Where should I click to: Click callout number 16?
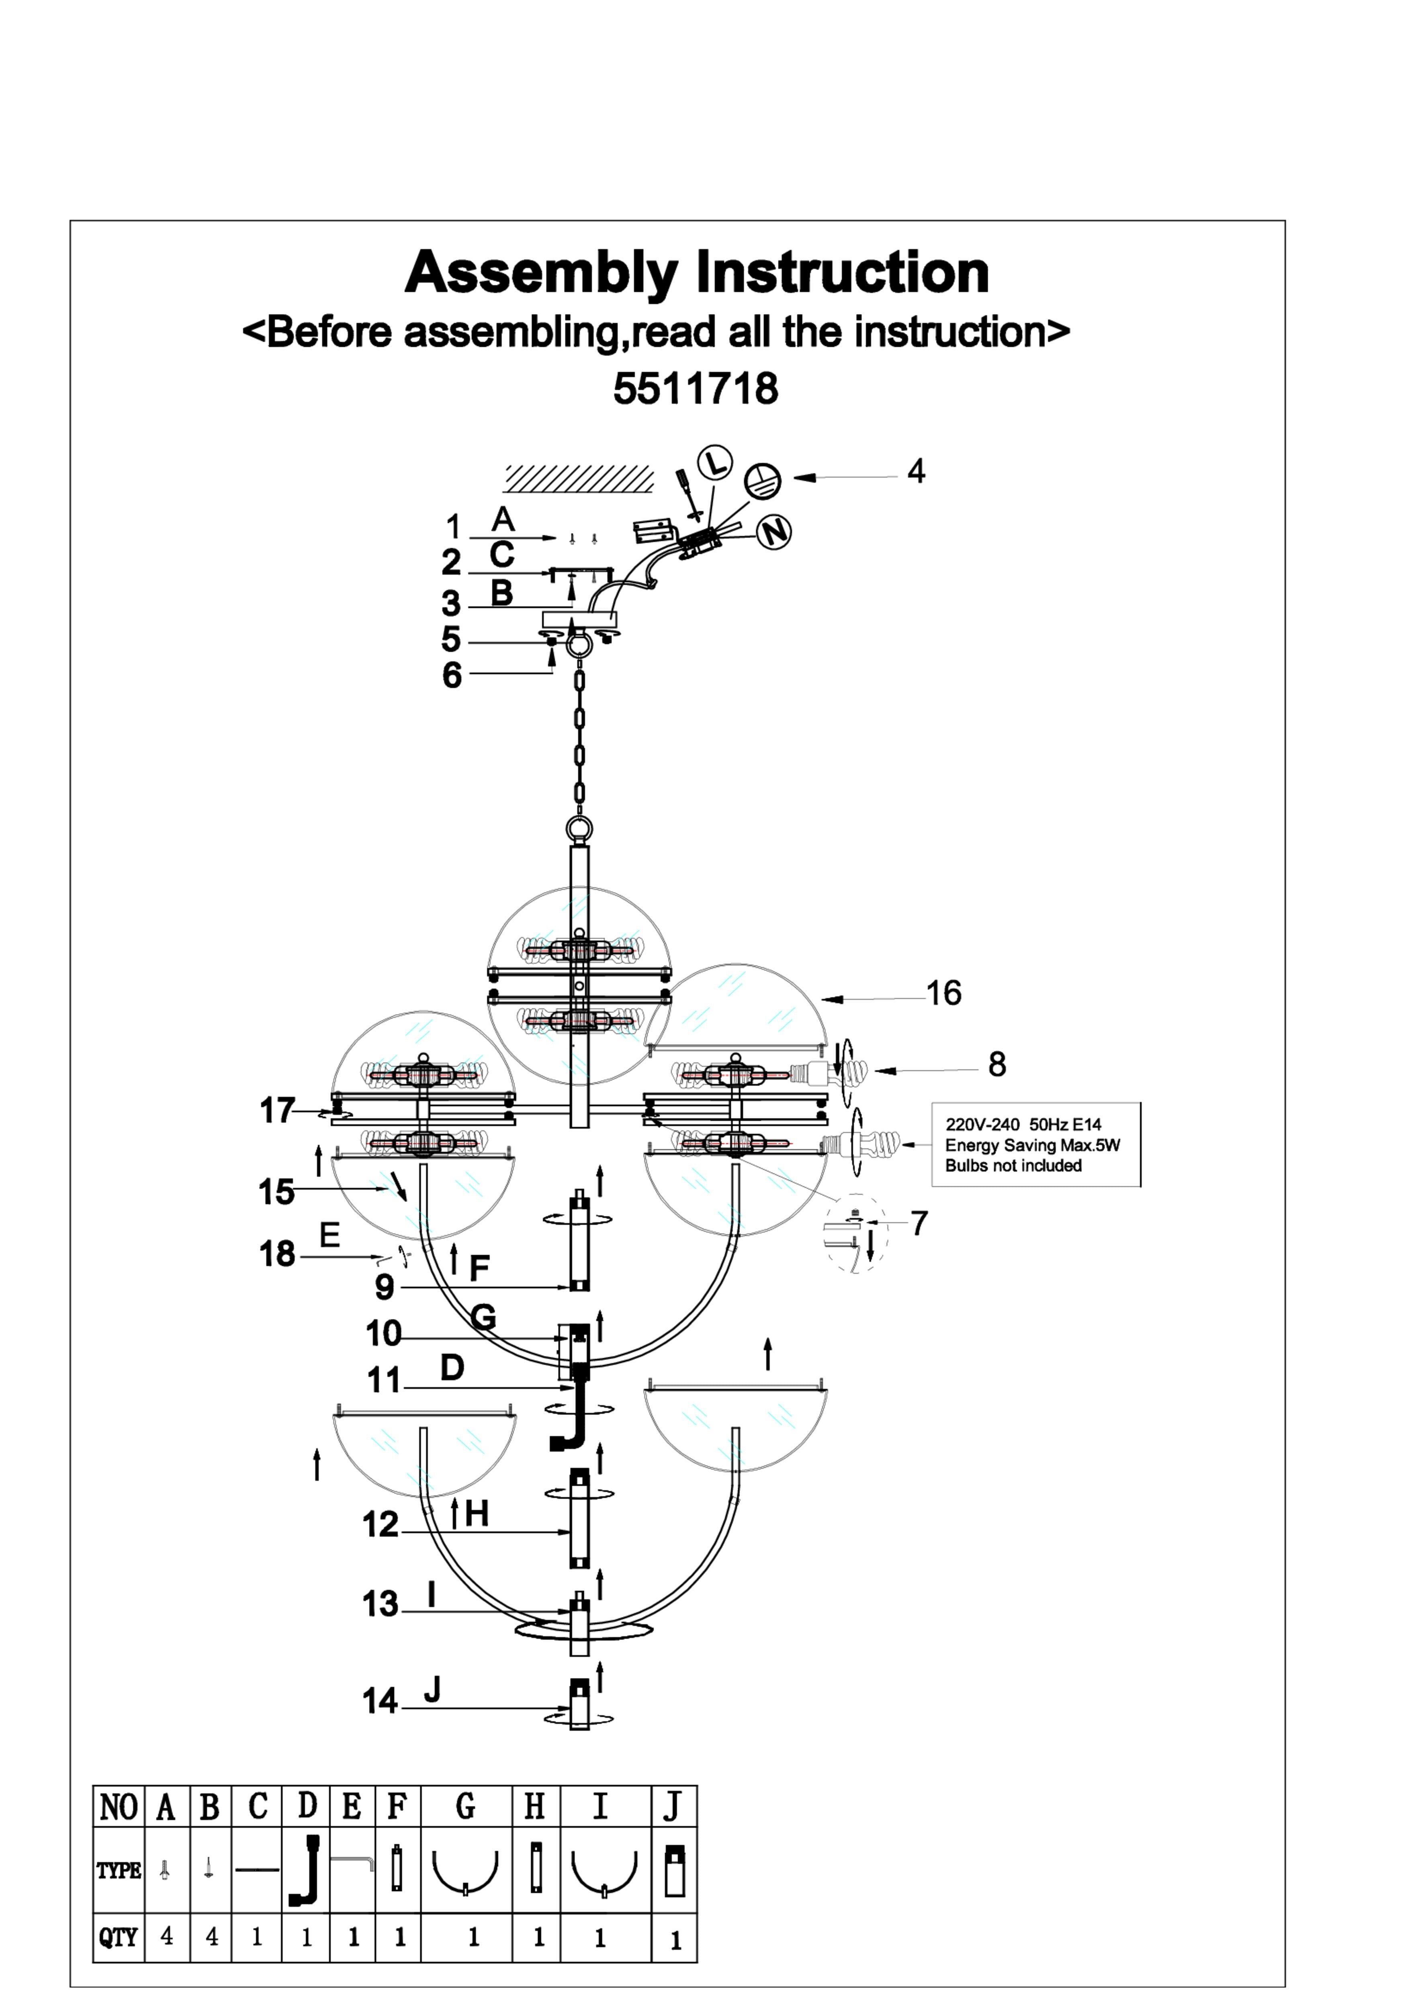[943, 993]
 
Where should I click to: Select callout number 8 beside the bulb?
[996, 1064]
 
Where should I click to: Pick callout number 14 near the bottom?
[380, 1700]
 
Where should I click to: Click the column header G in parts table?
[465, 1805]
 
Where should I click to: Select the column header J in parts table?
[673, 1805]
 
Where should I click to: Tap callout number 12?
[380, 1524]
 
